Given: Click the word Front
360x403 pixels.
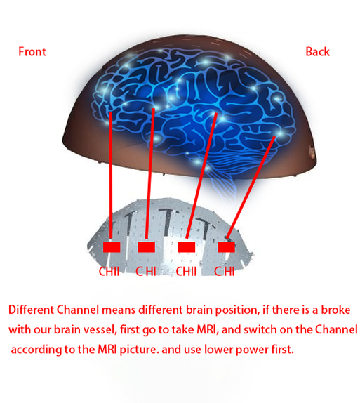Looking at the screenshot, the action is click(x=32, y=52).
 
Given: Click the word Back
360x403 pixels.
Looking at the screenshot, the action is click(x=317, y=52).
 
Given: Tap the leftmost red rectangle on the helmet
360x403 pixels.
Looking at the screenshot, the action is click(x=112, y=247).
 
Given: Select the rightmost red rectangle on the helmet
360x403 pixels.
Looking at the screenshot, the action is click(x=226, y=247).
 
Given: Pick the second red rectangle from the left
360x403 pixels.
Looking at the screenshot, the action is click(x=146, y=247).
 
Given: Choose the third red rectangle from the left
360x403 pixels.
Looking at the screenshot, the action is click(x=187, y=247).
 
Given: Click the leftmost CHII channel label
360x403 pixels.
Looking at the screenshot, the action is click(x=109, y=272).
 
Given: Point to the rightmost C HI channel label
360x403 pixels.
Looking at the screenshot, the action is click(x=225, y=272).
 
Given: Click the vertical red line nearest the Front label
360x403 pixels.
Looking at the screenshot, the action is click(x=110, y=176).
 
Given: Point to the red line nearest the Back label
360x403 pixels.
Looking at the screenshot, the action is click(x=251, y=187).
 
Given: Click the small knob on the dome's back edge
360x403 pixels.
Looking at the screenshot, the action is click(x=312, y=152).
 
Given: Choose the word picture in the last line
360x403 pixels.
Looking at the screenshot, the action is click(x=138, y=350).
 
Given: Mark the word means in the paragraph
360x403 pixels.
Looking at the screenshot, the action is click(x=119, y=310).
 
